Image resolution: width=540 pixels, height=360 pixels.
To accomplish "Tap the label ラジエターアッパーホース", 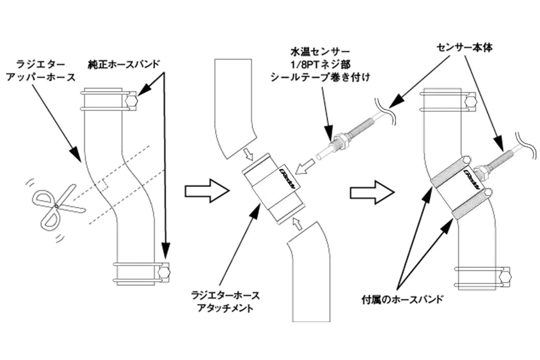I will [x=41, y=70].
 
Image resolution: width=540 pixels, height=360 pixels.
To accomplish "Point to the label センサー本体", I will [x=464, y=48].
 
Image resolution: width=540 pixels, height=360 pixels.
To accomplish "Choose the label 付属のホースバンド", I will [x=402, y=299].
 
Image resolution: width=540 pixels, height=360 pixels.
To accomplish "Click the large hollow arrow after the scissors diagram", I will [x=206, y=191].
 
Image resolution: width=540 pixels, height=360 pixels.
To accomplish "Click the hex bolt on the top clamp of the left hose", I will [x=132, y=101].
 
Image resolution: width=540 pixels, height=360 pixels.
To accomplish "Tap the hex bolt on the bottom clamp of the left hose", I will [x=164, y=272].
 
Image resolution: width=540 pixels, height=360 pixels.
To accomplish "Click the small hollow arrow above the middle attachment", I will [x=249, y=154].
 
